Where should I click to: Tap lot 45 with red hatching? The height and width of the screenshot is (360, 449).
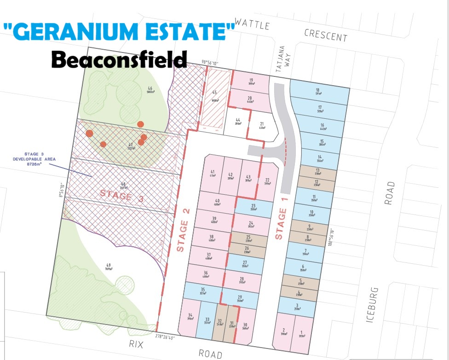(215, 94)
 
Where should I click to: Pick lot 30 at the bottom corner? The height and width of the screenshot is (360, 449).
(245, 327)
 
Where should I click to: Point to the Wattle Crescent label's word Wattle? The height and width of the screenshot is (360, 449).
(252, 24)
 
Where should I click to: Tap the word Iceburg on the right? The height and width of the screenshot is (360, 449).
(373, 305)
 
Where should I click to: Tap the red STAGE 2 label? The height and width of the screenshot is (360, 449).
(183, 236)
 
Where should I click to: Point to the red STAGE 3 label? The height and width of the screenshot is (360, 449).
(122, 195)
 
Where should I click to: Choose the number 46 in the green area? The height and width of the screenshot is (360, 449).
(150, 88)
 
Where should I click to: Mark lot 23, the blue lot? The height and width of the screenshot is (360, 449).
(253, 208)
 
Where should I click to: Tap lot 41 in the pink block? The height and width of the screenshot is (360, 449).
(213, 173)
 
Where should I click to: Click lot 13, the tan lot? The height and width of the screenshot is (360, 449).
(317, 171)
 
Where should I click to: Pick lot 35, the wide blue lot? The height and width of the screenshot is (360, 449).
(202, 291)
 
